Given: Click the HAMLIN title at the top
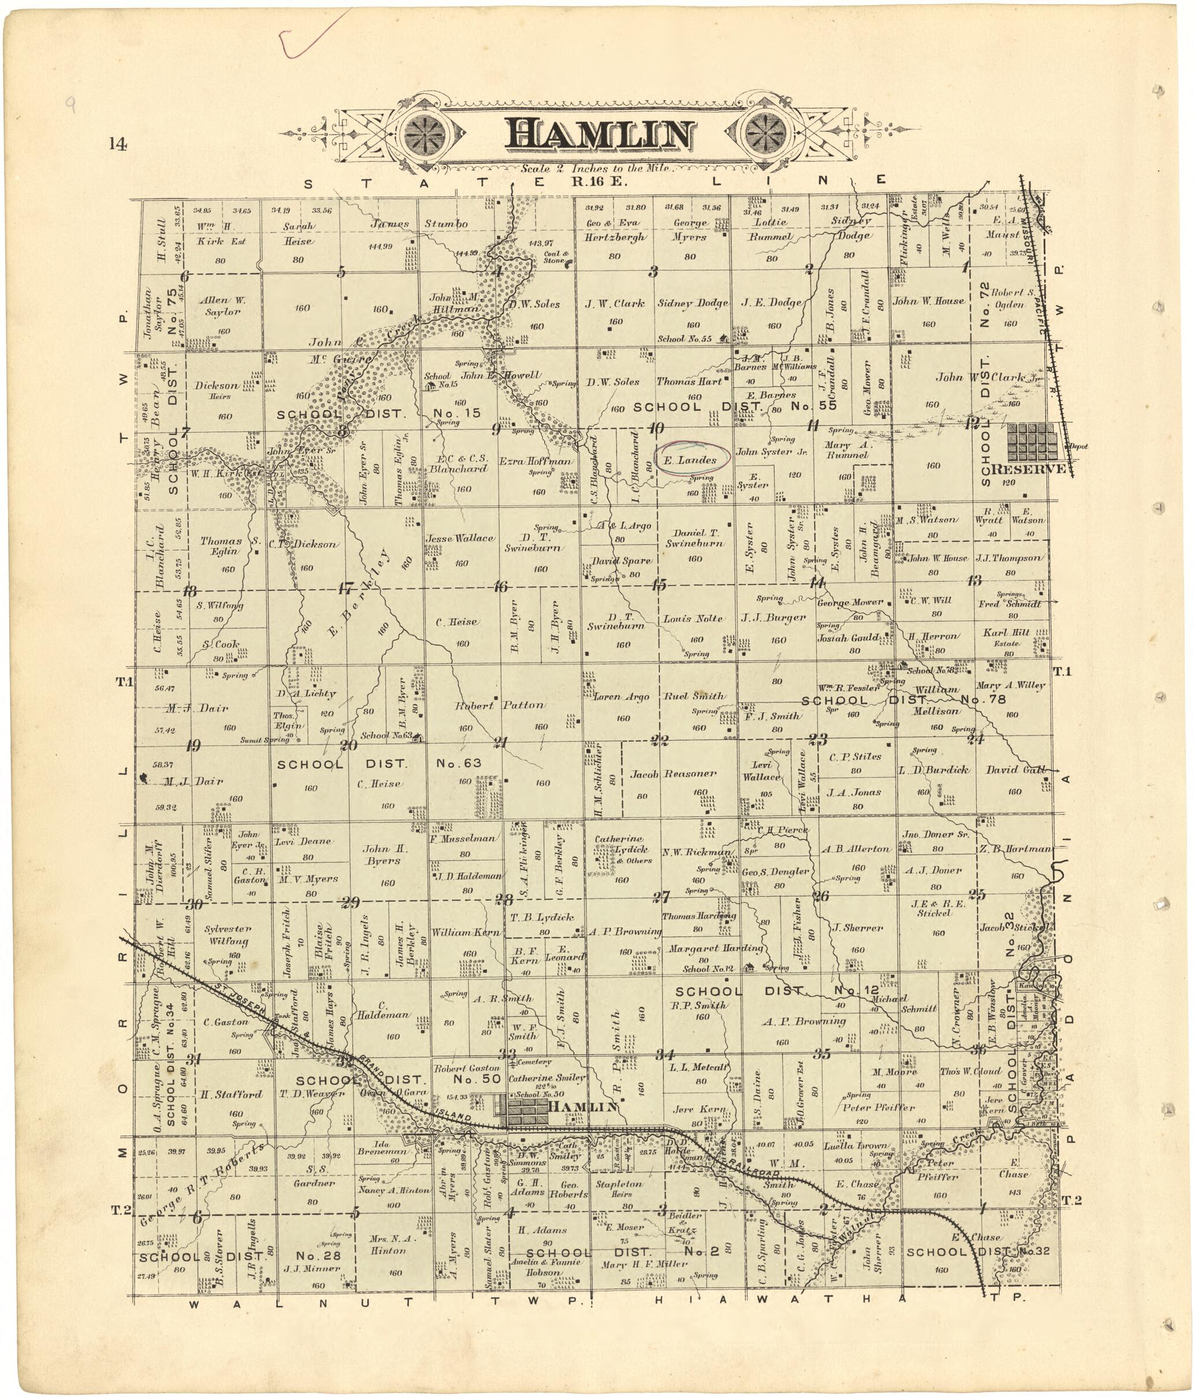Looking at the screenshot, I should (598, 135).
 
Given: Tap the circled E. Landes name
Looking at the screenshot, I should (694, 460).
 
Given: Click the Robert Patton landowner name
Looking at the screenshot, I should (500, 705).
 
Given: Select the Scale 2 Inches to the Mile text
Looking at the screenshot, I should (596, 169).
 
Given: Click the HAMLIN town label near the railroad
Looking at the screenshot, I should (582, 1106).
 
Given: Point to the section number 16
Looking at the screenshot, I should (500, 586).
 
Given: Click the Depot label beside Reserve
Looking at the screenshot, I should (1077, 447).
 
